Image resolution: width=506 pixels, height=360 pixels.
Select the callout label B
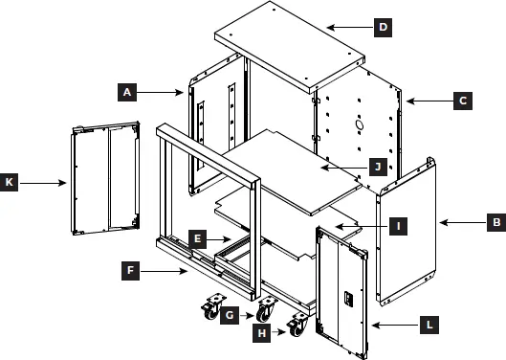(x=494, y=222)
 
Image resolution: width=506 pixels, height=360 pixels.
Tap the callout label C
(x=462, y=100)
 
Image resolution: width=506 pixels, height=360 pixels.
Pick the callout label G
(x=229, y=313)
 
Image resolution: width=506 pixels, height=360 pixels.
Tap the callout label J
(x=378, y=166)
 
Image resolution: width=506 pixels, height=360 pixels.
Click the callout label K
(x=11, y=179)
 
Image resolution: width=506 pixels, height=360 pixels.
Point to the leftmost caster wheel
(x=209, y=308)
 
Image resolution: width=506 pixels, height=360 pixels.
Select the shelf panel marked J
(x=287, y=168)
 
